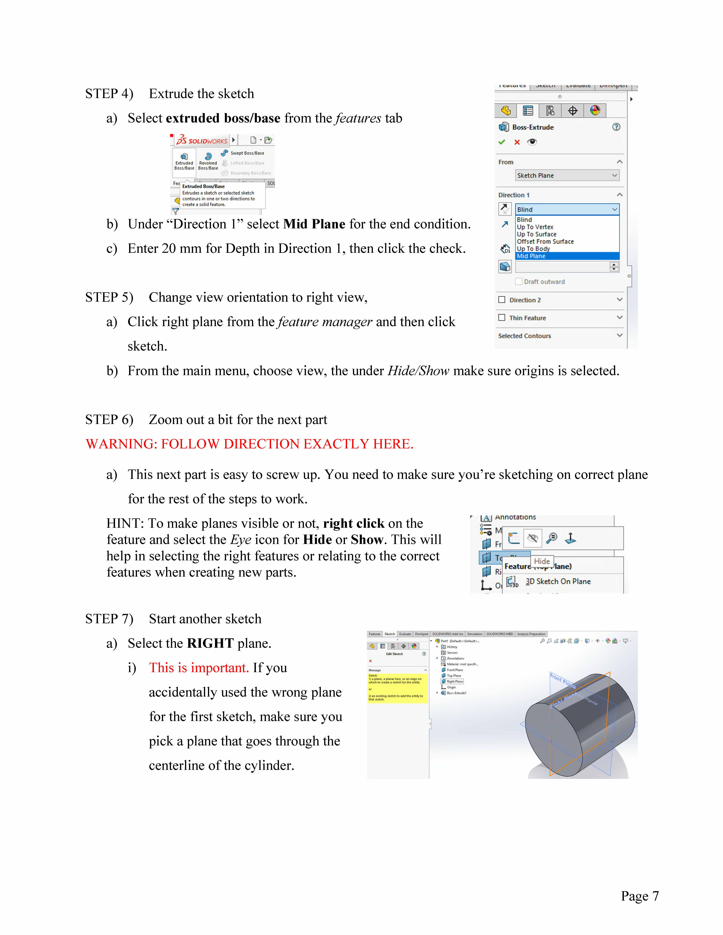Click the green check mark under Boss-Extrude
[501, 142]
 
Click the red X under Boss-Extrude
[517, 142]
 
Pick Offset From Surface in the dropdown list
[545, 241]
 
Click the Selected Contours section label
[524, 336]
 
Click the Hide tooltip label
[542, 561]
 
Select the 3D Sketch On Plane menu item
[558, 581]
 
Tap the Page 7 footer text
[639, 896]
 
